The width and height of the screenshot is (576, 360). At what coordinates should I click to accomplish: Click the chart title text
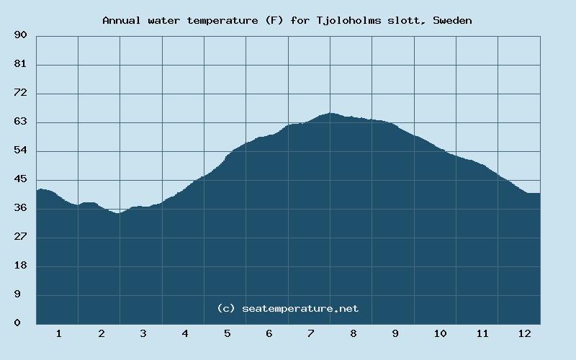[x=287, y=20]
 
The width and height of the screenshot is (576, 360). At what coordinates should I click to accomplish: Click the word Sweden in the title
[x=452, y=20]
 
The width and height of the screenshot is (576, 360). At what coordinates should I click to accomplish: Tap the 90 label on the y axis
[x=20, y=35]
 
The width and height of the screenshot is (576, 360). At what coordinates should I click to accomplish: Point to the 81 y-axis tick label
[x=20, y=65]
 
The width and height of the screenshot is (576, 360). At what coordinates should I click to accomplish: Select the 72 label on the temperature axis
[x=20, y=94]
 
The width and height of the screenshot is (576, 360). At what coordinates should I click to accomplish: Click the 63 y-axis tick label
[x=20, y=122]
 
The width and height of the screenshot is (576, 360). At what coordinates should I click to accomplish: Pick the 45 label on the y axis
[x=20, y=180]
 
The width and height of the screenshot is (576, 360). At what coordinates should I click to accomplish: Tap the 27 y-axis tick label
[x=20, y=238]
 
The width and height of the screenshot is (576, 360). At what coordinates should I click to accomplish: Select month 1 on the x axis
[x=58, y=333]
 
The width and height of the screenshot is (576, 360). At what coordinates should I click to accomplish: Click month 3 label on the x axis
[x=143, y=333]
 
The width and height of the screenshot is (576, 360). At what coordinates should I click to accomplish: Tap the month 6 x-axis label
[x=269, y=333]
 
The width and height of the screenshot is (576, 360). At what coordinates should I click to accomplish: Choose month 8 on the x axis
[x=353, y=333]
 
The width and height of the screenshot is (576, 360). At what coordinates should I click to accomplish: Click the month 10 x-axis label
[x=440, y=333]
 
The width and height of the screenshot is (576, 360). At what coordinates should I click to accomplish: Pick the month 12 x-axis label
[x=524, y=333]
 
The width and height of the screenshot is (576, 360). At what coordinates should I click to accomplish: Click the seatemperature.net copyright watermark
[x=287, y=308]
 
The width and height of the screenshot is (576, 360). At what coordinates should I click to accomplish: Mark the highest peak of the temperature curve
[x=330, y=113]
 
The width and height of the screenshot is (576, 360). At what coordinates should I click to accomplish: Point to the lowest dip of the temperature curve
[x=118, y=213]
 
